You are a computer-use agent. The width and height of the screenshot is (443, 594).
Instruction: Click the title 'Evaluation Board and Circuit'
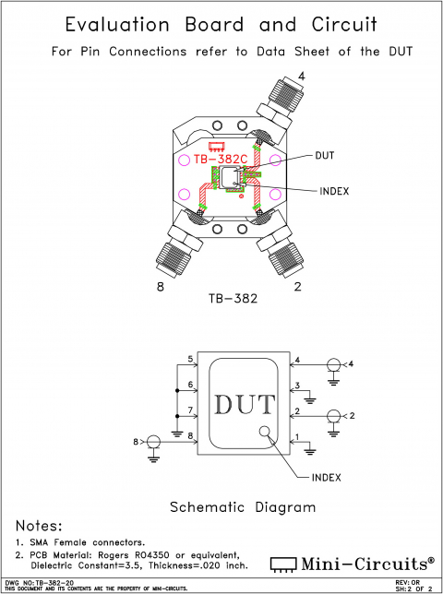tap(221, 25)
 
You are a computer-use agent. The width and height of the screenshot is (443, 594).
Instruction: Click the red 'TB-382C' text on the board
tap(220, 159)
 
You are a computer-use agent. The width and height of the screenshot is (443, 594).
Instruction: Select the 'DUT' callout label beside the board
tap(326, 155)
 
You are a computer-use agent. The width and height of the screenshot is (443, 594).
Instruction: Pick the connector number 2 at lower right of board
tap(297, 287)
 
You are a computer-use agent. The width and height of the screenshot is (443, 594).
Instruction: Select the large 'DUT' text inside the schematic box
tap(244, 405)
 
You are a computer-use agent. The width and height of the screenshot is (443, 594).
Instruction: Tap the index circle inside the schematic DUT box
tap(265, 432)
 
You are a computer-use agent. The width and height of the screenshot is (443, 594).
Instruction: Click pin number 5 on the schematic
tap(190, 359)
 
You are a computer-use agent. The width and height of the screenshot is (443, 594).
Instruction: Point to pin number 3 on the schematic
tap(297, 385)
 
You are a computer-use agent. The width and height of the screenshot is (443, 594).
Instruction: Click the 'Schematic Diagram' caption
tap(243, 507)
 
